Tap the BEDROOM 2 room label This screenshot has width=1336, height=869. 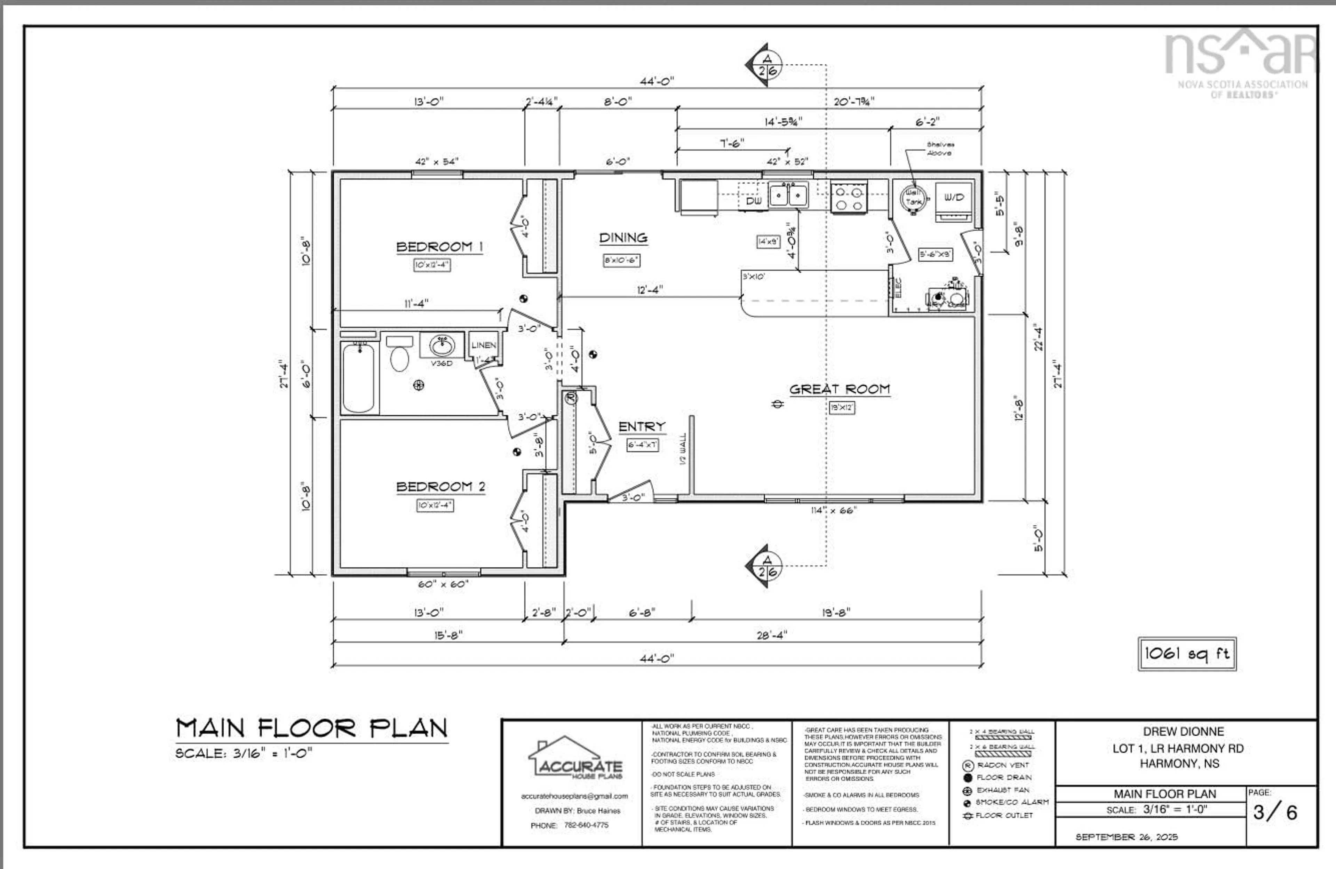point(441,487)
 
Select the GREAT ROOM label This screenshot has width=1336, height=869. point(839,389)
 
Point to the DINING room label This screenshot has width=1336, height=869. point(623,238)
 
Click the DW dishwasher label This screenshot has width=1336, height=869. point(753,200)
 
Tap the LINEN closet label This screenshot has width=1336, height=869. point(483,345)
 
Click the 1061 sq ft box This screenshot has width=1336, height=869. point(1187,653)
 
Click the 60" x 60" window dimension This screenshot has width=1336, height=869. point(443,584)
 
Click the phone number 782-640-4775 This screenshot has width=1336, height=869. point(586,825)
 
